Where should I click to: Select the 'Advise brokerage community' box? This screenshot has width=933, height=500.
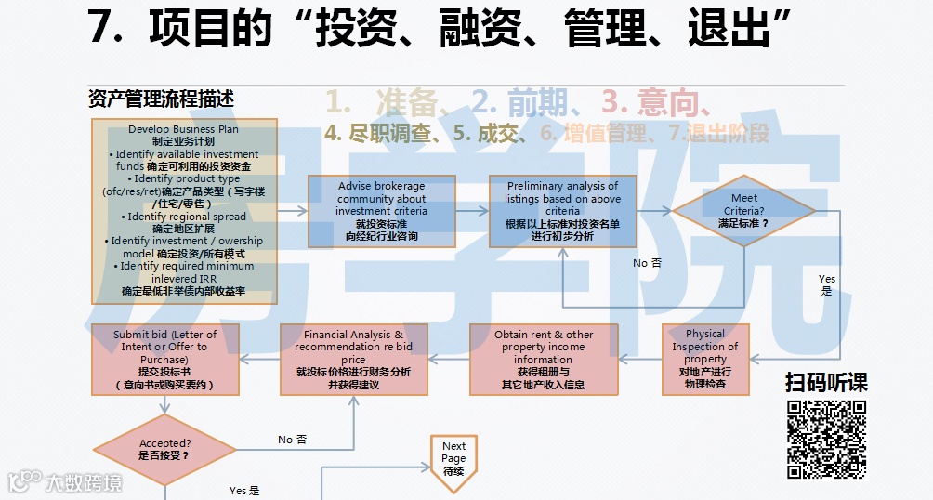coord(382,211)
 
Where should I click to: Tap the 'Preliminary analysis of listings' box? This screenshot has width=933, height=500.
coord(562,211)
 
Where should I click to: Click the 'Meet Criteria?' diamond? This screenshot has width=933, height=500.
coord(743,211)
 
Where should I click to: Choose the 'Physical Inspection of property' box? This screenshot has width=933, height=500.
coord(704,359)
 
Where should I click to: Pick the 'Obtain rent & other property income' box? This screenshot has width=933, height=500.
coord(543,359)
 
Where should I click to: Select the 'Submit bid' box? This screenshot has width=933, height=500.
coord(164,359)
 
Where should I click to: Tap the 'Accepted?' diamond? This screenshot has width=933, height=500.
coord(164,450)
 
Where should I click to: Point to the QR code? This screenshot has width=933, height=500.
coord(826,439)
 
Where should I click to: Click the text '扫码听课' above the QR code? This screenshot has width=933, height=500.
coord(826,382)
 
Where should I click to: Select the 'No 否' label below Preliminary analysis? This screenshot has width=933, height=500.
coord(647,263)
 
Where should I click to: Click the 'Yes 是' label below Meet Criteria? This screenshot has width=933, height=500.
coord(826,284)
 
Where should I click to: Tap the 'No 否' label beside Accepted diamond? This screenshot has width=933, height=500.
coord(292,440)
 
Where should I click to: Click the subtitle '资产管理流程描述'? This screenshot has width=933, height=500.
coord(161,99)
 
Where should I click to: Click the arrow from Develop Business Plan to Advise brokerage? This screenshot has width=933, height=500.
coord(292,211)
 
